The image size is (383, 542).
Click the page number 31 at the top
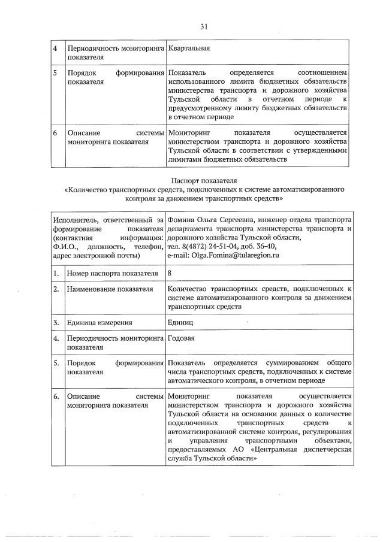click(x=203, y=26)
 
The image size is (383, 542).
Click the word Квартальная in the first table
click(x=189, y=48)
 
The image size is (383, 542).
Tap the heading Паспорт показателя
click(x=203, y=179)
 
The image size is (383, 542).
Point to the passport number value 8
click(x=171, y=274)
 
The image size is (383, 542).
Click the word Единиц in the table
click(x=180, y=322)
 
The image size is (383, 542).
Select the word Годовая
click(x=182, y=338)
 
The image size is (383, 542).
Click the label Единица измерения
click(x=99, y=322)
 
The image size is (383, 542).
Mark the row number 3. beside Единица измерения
click(x=56, y=322)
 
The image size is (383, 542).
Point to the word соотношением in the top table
click(x=322, y=72)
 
